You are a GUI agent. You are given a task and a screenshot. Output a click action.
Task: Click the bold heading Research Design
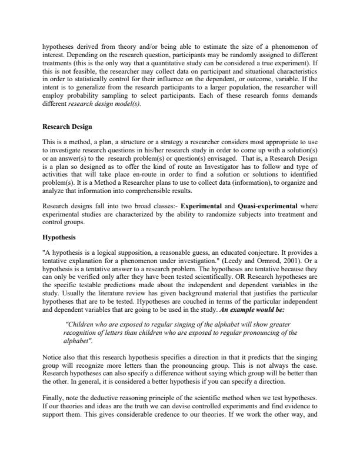point(66,127)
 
